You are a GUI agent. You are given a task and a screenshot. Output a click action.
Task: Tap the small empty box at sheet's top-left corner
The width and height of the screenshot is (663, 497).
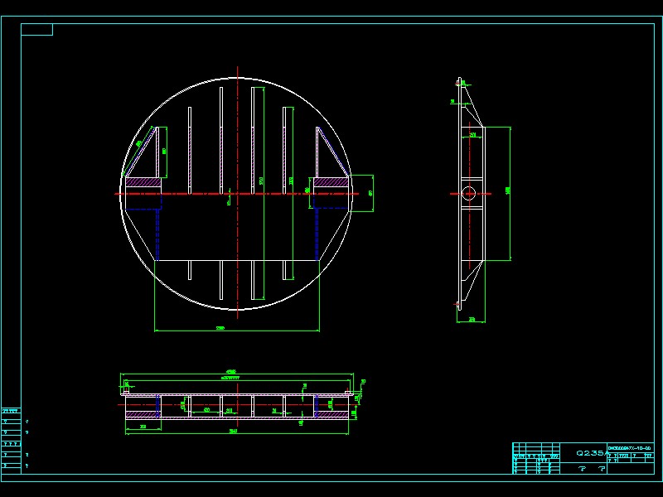(36, 30)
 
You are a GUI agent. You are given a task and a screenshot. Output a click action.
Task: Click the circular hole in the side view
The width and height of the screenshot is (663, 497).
(469, 194)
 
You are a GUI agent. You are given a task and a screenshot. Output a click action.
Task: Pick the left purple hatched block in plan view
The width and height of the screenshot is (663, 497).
(142, 181)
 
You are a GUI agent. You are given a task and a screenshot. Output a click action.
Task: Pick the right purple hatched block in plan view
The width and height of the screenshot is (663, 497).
(331, 181)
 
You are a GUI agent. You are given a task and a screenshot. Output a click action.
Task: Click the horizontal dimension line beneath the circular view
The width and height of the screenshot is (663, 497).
(237, 331)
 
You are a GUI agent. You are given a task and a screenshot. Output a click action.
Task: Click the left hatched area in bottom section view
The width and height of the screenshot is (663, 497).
(141, 405)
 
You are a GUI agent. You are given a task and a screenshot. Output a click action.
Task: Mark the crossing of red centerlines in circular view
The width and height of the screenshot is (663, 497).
(238, 194)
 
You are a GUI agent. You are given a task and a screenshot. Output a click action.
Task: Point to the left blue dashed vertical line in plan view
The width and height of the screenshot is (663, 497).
(157, 232)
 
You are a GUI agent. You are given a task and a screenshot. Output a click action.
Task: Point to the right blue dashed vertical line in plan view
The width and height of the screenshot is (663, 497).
(317, 232)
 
